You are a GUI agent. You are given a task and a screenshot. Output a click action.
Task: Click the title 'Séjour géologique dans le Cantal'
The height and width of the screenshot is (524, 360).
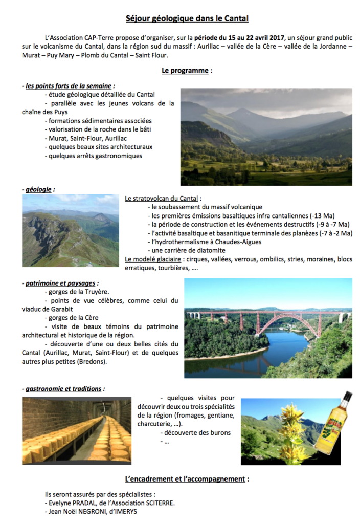pos(187,19)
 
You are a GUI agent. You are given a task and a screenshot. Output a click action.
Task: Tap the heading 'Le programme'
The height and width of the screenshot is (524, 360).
pos(185,71)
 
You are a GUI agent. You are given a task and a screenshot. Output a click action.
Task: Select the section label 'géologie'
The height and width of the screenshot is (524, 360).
pos(38,189)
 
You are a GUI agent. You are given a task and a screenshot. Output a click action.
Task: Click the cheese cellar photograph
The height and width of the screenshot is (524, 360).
pos(76,431)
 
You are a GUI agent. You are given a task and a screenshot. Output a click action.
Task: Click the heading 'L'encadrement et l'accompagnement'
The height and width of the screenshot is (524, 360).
pos(187,479)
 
